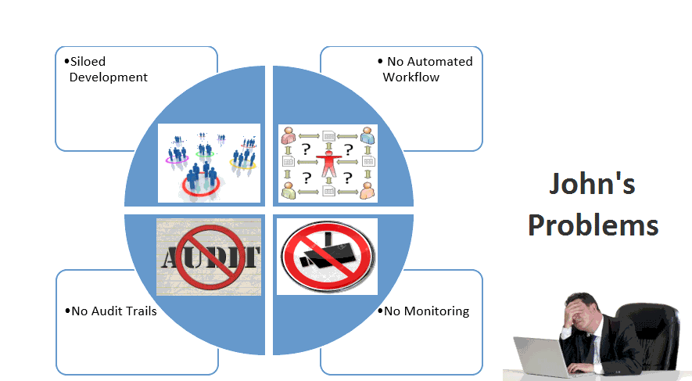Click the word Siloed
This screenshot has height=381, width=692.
pyautogui.click(x=88, y=62)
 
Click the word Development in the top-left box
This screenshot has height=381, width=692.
pyautogui.click(x=108, y=77)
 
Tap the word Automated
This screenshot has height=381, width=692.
pyautogui.click(x=442, y=62)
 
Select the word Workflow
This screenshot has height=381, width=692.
pyautogui.click(x=411, y=77)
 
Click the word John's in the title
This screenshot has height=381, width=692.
pyautogui.click(x=591, y=185)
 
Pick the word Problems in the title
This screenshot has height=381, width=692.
pyautogui.click(x=593, y=225)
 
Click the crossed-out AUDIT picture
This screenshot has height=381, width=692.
pyautogui.click(x=209, y=257)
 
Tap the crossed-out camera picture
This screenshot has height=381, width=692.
pyautogui.click(x=327, y=257)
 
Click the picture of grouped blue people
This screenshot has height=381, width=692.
pyautogui.click(x=209, y=163)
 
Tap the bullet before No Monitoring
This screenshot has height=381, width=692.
pyautogui.click(x=380, y=311)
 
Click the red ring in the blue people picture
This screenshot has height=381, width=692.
pyautogui.click(x=199, y=185)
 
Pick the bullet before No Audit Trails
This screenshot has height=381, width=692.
pyautogui.click(x=67, y=311)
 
